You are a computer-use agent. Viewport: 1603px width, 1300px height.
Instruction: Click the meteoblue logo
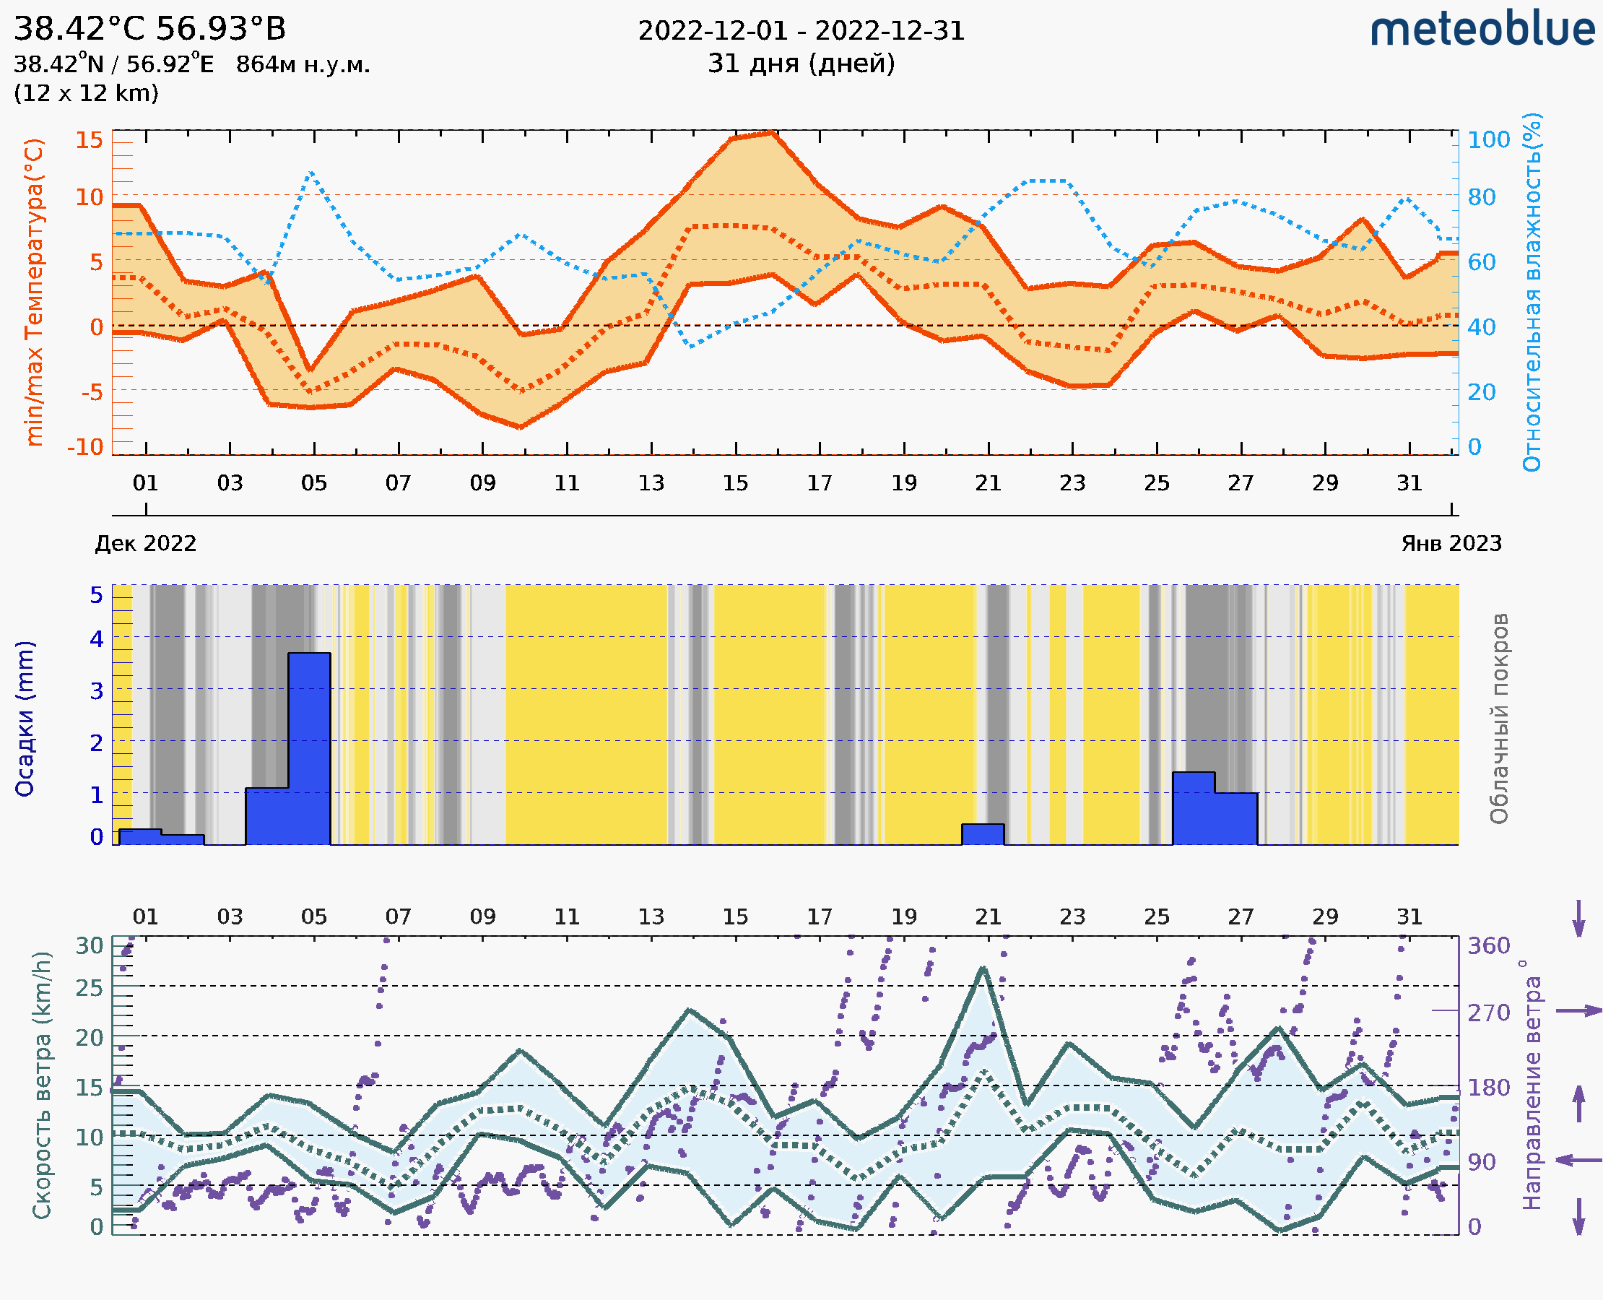pos(1482,30)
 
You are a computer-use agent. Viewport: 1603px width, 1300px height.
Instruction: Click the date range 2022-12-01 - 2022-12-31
pos(801,31)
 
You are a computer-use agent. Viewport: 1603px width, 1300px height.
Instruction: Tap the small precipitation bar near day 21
pos(982,834)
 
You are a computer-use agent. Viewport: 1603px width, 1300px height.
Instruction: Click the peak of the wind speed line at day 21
pos(983,968)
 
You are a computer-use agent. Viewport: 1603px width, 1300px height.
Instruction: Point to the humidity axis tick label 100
pos(1487,140)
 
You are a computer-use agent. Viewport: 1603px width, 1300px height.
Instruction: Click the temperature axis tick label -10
pos(84,447)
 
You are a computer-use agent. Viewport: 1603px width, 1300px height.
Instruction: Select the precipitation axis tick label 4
pos(97,638)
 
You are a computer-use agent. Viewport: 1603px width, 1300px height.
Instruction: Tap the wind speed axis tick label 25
pos(89,988)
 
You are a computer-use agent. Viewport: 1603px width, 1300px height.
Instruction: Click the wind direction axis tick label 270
pos(1488,1013)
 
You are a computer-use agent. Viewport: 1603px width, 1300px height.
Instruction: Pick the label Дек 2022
pos(146,543)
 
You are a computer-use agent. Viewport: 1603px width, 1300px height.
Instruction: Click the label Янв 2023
pos(1451,543)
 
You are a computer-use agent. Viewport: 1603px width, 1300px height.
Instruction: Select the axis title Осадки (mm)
pos(25,719)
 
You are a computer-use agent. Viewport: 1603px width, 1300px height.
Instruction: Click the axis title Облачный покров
pos(1498,719)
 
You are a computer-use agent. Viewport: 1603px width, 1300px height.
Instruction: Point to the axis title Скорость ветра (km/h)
pos(42,1085)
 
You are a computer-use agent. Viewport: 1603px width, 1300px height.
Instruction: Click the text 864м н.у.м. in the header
pos(303,65)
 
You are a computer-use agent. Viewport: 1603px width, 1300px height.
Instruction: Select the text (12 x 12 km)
pos(86,94)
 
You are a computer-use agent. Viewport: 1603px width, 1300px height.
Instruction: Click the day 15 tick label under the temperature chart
pos(735,483)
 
